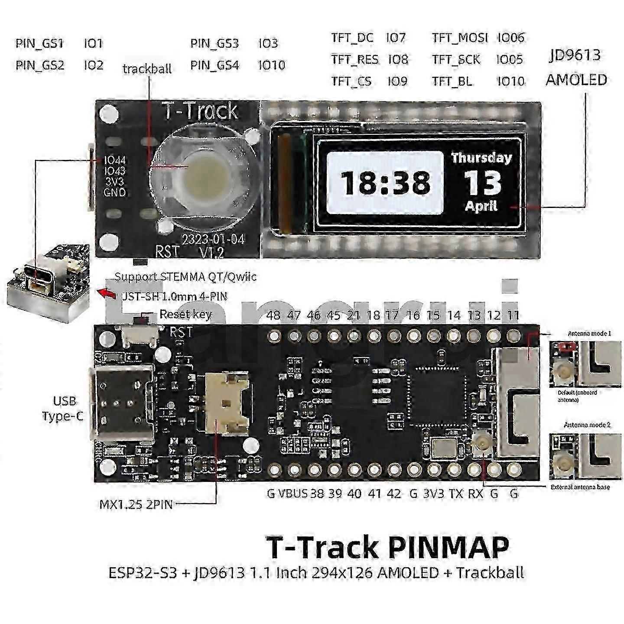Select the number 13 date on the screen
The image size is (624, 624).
(x=482, y=182)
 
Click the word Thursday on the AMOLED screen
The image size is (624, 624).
(x=481, y=158)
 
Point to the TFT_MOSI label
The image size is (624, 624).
(x=460, y=38)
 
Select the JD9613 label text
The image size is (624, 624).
(x=575, y=55)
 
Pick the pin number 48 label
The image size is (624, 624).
(x=273, y=315)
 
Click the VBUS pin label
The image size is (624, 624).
(x=293, y=494)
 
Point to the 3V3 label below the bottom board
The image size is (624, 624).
(x=433, y=494)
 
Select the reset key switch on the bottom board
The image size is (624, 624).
(x=140, y=334)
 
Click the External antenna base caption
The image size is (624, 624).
(x=580, y=487)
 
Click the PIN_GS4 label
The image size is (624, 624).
(x=214, y=65)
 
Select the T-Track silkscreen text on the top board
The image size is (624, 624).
(x=200, y=111)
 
